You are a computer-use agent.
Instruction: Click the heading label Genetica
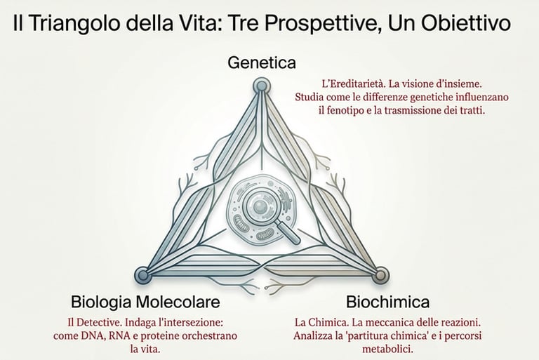click(262, 62)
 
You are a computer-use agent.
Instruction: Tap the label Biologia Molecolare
click(145, 302)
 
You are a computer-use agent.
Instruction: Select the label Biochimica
click(387, 302)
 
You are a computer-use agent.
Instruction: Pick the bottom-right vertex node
click(380, 274)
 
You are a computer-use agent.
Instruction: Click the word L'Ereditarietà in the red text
click(340, 82)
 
